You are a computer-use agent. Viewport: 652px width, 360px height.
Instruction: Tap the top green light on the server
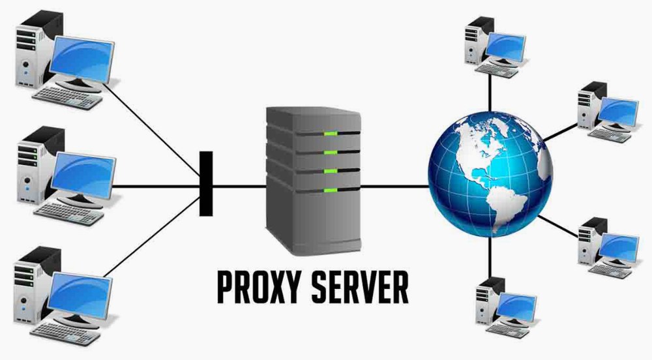click(331, 134)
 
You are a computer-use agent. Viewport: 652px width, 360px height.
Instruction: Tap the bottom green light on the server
click(331, 190)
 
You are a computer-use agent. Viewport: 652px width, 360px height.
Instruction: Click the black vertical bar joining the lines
click(206, 183)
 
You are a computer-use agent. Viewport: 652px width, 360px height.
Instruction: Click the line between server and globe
click(394, 185)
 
